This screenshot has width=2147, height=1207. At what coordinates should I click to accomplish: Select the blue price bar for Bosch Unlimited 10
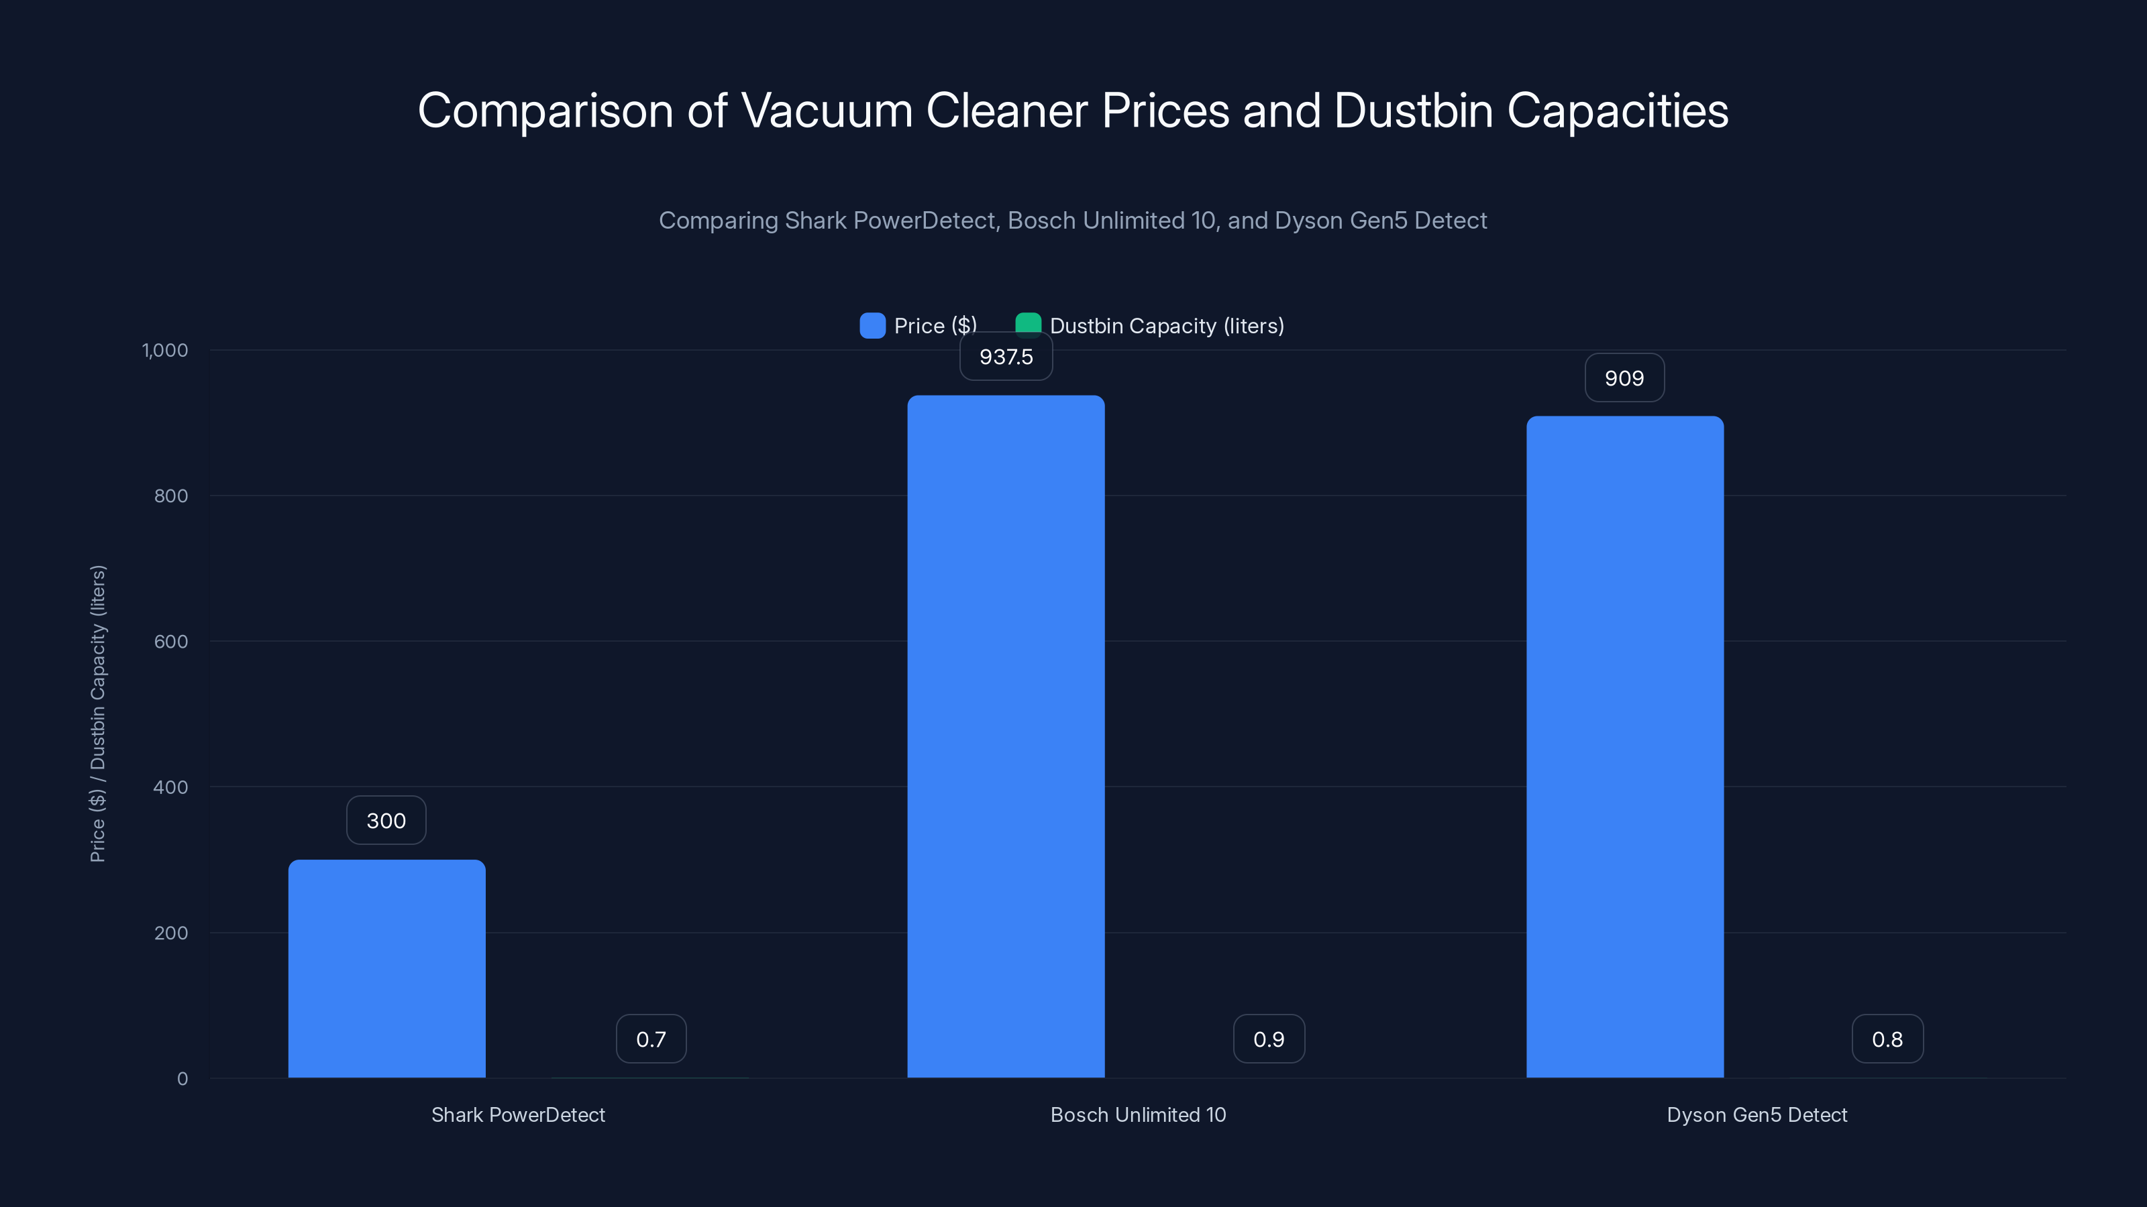[1005, 736]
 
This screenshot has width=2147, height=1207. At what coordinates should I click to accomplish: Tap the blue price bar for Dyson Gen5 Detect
[1624, 746]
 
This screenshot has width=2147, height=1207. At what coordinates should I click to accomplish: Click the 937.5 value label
[1005, 357]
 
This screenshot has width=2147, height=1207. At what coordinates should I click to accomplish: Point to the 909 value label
[1624, 378]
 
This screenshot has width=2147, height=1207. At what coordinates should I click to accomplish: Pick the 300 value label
[386, 821]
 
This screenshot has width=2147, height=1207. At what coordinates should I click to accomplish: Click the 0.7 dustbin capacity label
[651, 1039]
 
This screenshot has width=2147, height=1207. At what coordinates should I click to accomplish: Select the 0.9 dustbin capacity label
[1269, 1039]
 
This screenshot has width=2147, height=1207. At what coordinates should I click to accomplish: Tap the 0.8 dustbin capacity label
[1887, 1039]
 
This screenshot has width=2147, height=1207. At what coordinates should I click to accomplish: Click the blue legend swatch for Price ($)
[872, 326]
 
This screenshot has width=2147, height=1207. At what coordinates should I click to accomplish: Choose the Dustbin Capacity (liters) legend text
[1166, 326]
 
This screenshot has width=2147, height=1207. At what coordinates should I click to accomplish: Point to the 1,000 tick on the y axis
[165, 350]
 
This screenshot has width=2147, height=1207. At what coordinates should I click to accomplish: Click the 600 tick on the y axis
[171, 642]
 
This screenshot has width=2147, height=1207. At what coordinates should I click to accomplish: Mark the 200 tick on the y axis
[171, 933]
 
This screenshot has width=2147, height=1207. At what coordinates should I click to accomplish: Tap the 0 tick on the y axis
[182, 1079]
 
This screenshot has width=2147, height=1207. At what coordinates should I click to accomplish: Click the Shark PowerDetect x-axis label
[517, 1114]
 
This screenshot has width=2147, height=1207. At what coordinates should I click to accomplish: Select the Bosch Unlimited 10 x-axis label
[1138, 1114]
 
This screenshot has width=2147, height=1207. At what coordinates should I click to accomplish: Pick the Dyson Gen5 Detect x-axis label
[1756, 1114]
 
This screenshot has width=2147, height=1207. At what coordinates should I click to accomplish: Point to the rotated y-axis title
[97, 714]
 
